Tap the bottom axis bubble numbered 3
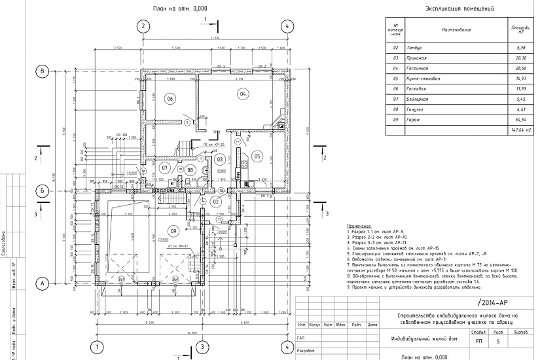pyautogui.click(x=202, y=346)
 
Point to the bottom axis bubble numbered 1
pyautogui.click(x=97, y=346)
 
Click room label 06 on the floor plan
pyautogui.click(x=170, y=98)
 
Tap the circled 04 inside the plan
pyautogui.click(x=242, y=94)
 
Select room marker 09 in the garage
pyautogui.click(x=173, y=230)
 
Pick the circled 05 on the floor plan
pyautogui.click(x=257, y=156)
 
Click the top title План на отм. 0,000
pyautogui.click(x=180, y=9)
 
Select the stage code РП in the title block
pyautogui.click(x=479, y=342)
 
